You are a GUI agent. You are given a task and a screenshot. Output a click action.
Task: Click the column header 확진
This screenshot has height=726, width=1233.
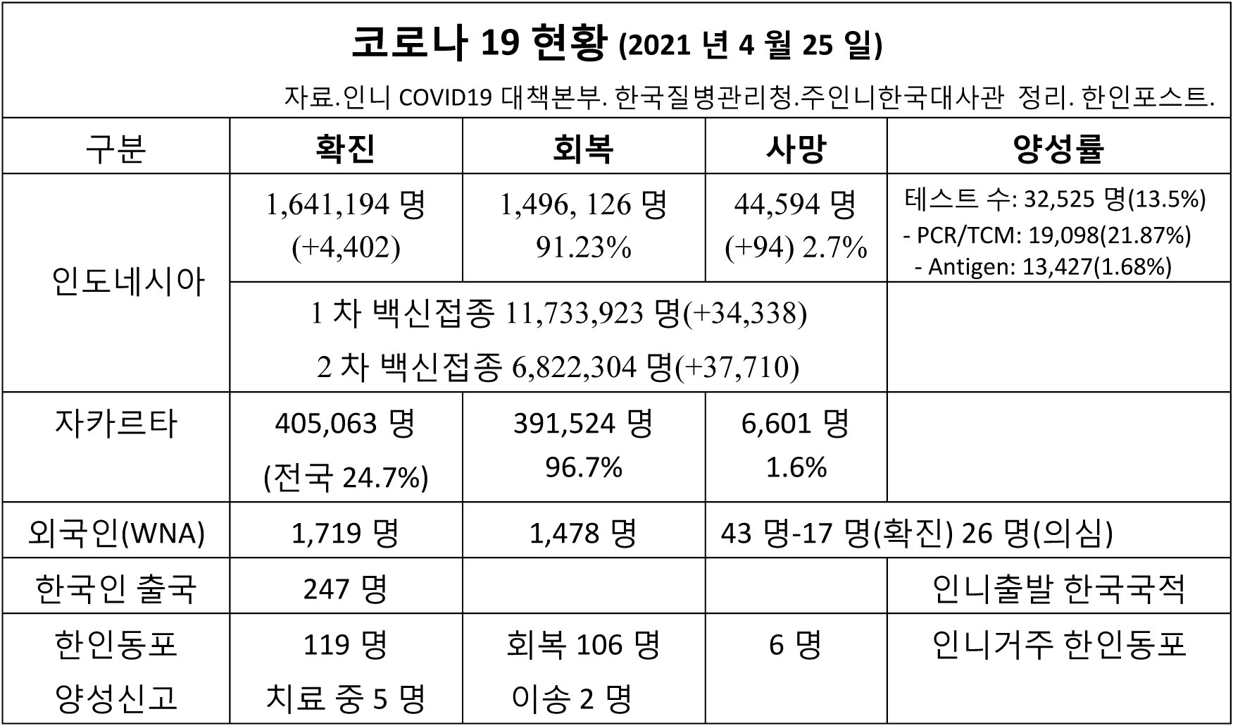tap(345, 148)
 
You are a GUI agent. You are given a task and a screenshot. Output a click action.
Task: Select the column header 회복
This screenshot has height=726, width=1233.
tap(583, 148)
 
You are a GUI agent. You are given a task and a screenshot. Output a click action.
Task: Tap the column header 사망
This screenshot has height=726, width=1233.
tap(796, 148)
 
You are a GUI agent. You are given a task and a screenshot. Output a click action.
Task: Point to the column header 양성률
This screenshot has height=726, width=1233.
tap(1058, 148)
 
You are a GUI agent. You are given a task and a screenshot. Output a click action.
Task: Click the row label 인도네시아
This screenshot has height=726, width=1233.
tap(127, 283)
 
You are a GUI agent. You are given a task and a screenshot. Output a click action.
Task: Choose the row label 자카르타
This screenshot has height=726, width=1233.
tap(115, 424)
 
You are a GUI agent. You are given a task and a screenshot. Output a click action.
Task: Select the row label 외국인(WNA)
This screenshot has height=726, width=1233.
tap(116, 533)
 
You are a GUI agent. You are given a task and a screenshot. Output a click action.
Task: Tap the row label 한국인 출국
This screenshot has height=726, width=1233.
tap(115, 589)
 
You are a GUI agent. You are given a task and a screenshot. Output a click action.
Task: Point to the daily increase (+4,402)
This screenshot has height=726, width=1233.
tap(346, 247)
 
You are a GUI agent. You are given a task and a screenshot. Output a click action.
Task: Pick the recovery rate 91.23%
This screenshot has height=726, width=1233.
tap(583, 247)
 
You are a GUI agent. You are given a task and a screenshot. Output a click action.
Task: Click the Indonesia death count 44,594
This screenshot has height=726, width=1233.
tap(777, 204)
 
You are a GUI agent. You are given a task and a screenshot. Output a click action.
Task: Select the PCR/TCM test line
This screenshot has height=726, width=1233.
tap(1047, 235)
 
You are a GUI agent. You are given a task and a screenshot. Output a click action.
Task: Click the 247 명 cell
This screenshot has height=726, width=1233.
tap(345, 589)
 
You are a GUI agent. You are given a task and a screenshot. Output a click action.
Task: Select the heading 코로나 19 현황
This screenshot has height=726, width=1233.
tap(478, 44)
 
